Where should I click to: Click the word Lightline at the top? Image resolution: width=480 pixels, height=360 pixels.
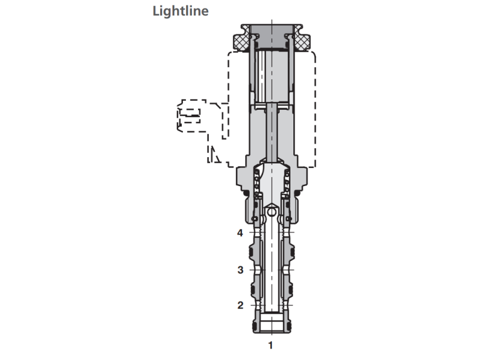coord(181,11)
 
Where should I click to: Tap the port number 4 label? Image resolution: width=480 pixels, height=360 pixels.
coord(240,233)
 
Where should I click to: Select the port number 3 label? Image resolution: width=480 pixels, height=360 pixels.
coord(240,270)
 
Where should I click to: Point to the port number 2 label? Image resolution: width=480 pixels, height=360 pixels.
coord(240,305)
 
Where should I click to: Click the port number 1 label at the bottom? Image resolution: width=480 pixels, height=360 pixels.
coord(271,345)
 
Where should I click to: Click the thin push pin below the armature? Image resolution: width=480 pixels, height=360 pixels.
coord(273,132)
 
